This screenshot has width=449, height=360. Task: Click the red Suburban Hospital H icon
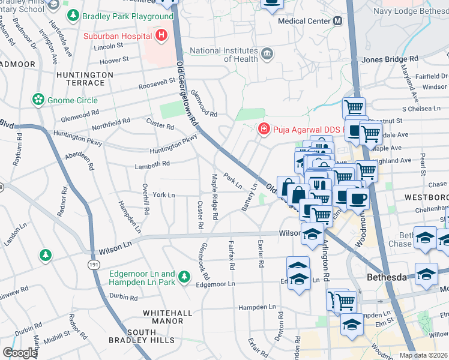[x=161, y=36]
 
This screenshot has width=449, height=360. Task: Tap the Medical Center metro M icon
[x=337, y=21]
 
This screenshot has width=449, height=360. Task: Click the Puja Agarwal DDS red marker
[x=263, y=129]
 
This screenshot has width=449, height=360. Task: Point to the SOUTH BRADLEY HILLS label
[x=133, y=337]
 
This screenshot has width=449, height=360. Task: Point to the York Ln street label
[x=163, y=195]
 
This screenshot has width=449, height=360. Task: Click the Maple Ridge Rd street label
[x=214, y=196]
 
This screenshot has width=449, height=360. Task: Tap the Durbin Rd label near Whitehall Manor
[x=124, y=296]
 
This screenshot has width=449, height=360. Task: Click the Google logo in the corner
[x=20, y=353]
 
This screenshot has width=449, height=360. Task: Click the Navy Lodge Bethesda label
[x=411, y=11]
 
